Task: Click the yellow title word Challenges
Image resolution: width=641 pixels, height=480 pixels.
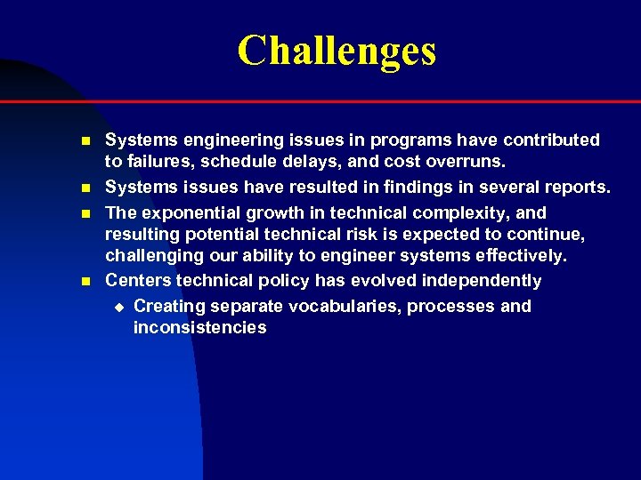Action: click(337, 51)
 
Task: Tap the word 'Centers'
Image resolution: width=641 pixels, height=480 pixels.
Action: click(138, 281)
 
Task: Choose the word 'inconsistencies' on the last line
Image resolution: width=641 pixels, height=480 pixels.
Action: click(199, 328)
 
